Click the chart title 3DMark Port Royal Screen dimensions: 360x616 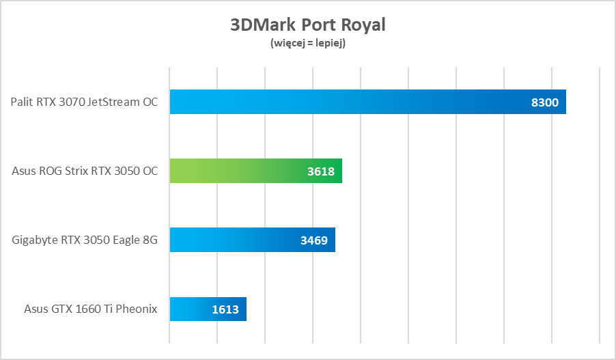point(308,25)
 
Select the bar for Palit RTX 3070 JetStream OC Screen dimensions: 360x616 point(341,102)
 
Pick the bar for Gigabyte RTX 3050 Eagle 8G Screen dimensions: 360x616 point(232,240)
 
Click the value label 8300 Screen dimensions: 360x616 point(544,103)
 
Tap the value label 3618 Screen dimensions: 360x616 point(321,171)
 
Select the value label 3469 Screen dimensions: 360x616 point(314,240)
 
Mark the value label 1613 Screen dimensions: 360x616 point(225,309)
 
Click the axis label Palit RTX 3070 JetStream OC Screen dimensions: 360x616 point(84,102)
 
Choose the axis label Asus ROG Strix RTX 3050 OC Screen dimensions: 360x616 point(85,171)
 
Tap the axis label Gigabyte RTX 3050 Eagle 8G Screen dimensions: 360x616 point(85,240)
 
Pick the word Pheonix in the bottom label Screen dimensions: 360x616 point(137,309)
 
